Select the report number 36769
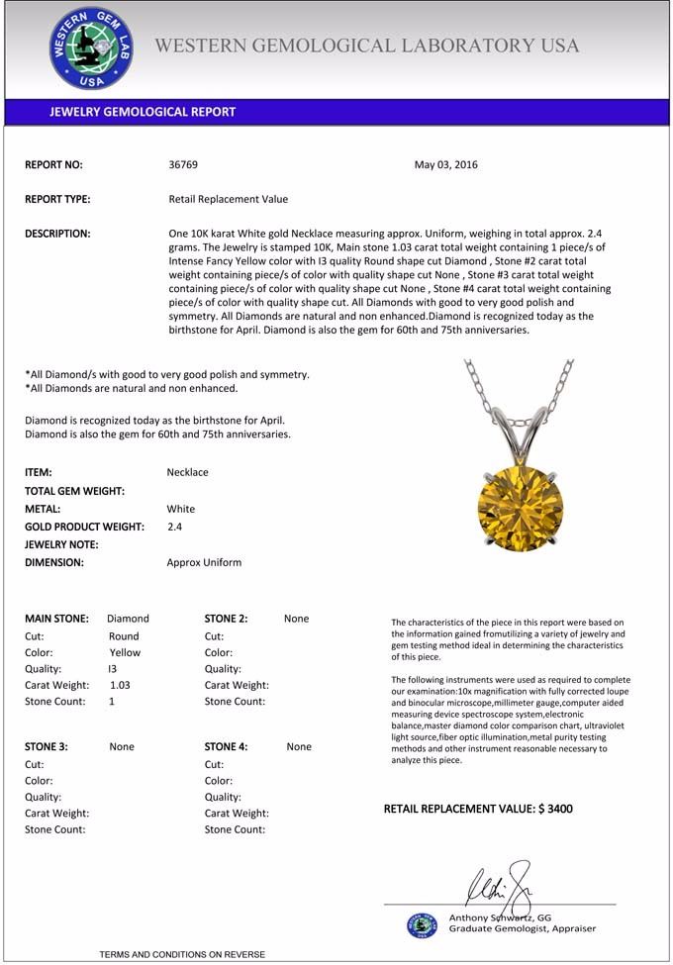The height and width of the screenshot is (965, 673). (x=184, y=164)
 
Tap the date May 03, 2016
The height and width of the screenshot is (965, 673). (x=445, y=164)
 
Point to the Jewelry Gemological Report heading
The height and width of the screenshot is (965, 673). (x=143, y=112)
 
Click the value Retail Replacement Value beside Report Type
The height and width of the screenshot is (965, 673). (x=229, y=199)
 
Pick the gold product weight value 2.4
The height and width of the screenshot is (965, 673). (x=174, y=527)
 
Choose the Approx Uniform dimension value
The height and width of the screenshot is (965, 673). (x=204, y=562)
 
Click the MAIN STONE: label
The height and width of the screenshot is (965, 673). (x=56, y=619)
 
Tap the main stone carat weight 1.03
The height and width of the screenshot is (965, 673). (x=120, y=684)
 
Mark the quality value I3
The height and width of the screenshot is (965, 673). (x=112, y=668)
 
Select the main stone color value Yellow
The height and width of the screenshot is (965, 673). (x=125, y=652)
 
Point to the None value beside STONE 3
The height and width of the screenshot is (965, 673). (x=122, y=746)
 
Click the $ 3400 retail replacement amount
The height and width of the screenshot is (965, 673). (x=555, y=809)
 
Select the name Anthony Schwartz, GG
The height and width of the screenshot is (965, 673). (x=500, y=917)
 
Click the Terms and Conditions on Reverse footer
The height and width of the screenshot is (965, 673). (x=182, y=954)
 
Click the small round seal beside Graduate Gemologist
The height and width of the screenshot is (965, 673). (x=422, y=924)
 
